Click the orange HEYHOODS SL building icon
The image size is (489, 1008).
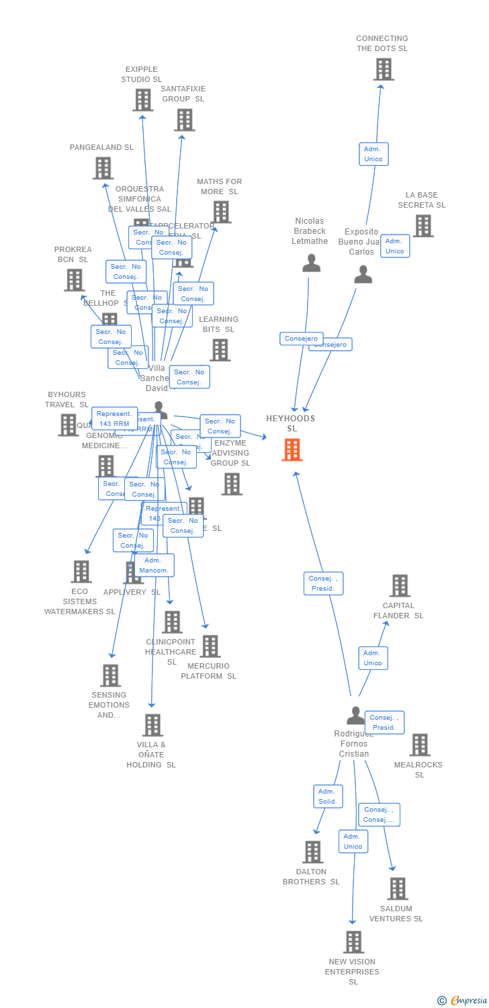(292, 450)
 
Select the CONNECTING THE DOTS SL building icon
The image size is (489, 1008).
(383, 69)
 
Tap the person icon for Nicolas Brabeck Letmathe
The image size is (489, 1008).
(311, 263)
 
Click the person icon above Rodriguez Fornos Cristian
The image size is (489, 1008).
(355, 716)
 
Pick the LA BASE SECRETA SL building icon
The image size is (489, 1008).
(423, 226)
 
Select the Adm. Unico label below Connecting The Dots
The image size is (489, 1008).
(373, 154)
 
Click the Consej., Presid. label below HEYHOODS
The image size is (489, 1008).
(324, 583)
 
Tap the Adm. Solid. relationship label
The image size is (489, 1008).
(328, 796)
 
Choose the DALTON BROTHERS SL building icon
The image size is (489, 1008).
(312, 851)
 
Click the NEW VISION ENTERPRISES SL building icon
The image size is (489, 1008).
(353, 941)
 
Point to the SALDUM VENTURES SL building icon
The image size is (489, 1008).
(397, 888)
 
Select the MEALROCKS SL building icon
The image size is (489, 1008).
(420, 745)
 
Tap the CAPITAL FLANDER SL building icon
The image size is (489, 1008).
(400, 585)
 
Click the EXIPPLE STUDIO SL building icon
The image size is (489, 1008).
(142, 100)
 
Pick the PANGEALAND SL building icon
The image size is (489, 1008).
(103, 168)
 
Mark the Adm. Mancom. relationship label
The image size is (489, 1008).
(154, 565)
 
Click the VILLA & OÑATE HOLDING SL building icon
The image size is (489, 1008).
(152, 725)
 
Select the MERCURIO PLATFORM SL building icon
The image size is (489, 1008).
(210, 646)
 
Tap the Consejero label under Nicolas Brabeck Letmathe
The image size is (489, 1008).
(302, 339)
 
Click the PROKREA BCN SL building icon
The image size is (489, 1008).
(74, 280)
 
